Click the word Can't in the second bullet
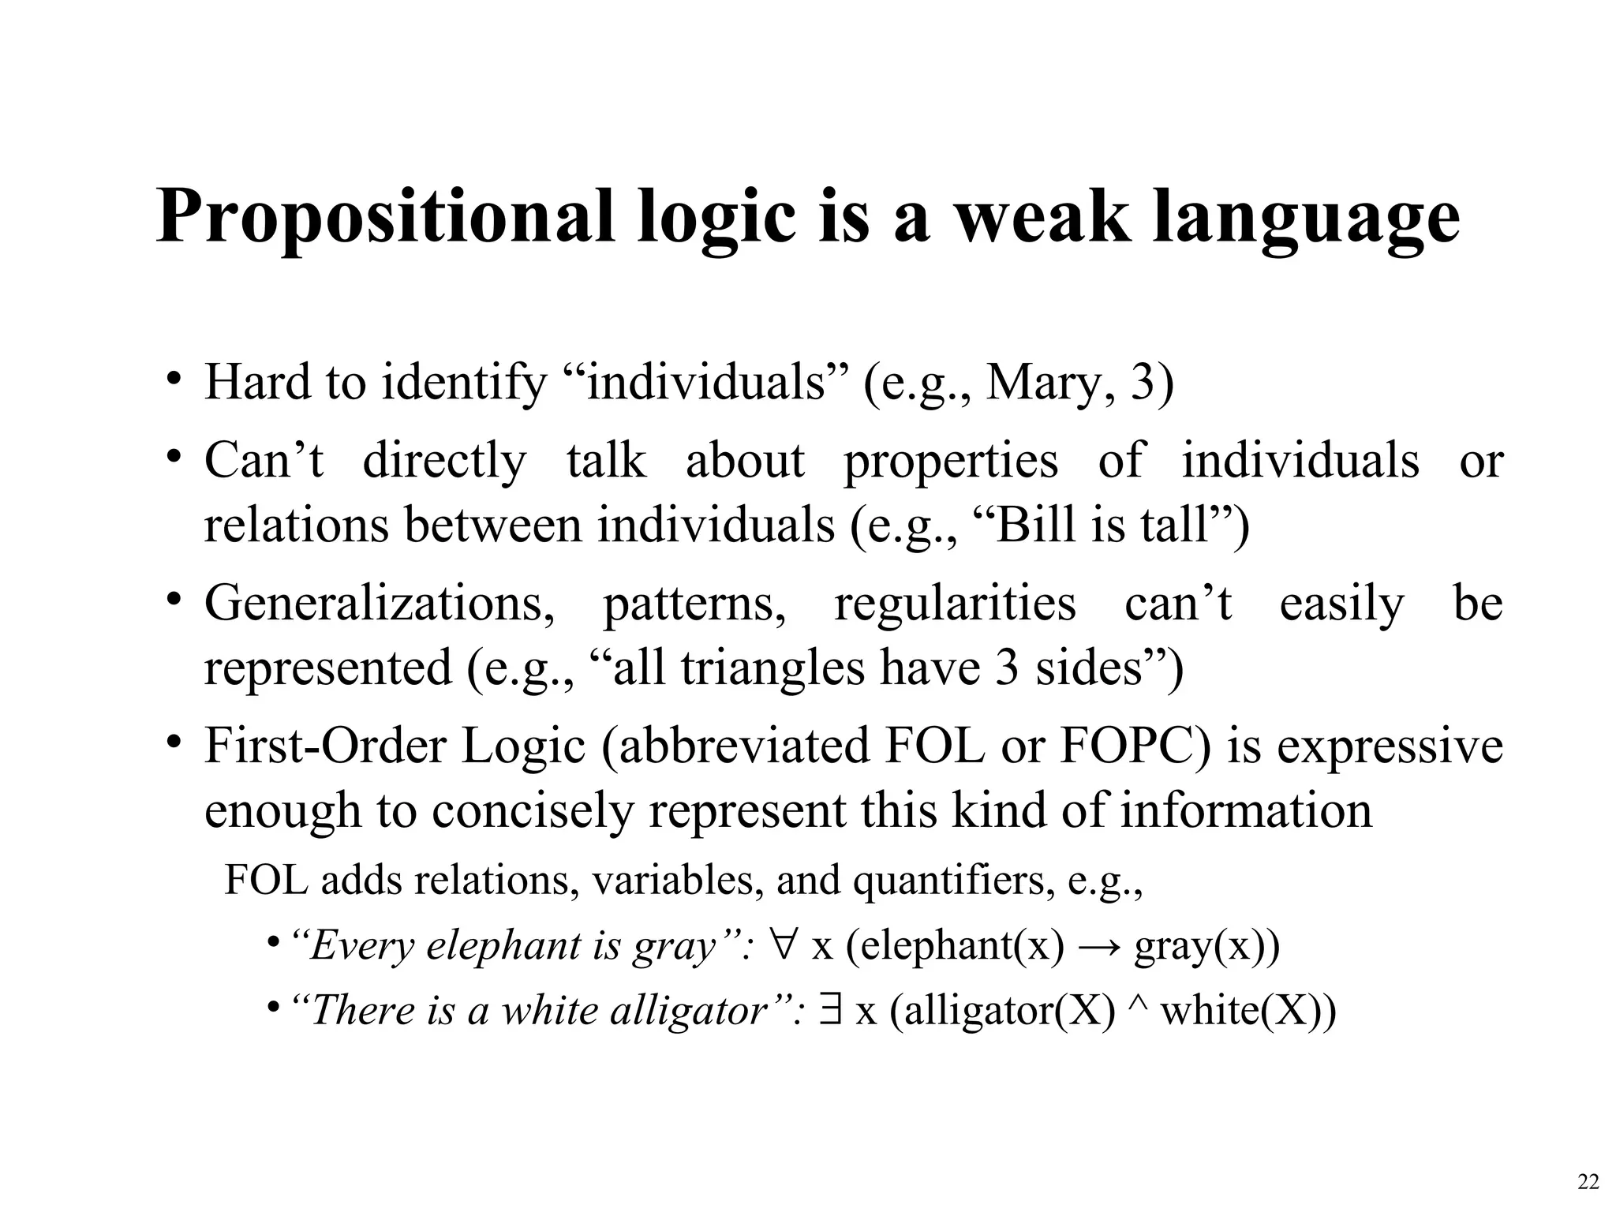[x=264, y=460]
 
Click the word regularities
[x=955, y=605]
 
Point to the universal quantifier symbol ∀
[x=784, y=945]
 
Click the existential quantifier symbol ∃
[x=829, y=1010]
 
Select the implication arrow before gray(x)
[x=1098, y=946]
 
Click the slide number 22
[x=1588, y=1182]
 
